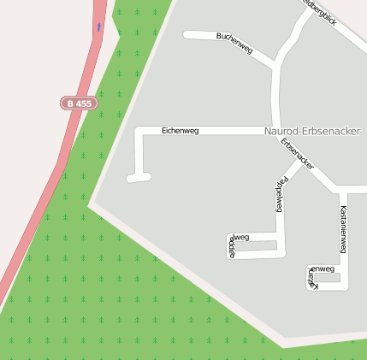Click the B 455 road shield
[79, 103]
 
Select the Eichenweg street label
[180, 130]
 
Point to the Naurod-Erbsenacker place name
[312, 131]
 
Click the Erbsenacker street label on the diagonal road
[297, 152]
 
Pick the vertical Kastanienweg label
[343, 229]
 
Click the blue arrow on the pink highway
[98, 27]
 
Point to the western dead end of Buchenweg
[188, 35]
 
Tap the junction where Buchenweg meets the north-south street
[275, 65]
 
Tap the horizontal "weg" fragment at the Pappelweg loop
[240, 238]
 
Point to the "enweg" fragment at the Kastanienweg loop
[323, 269]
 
